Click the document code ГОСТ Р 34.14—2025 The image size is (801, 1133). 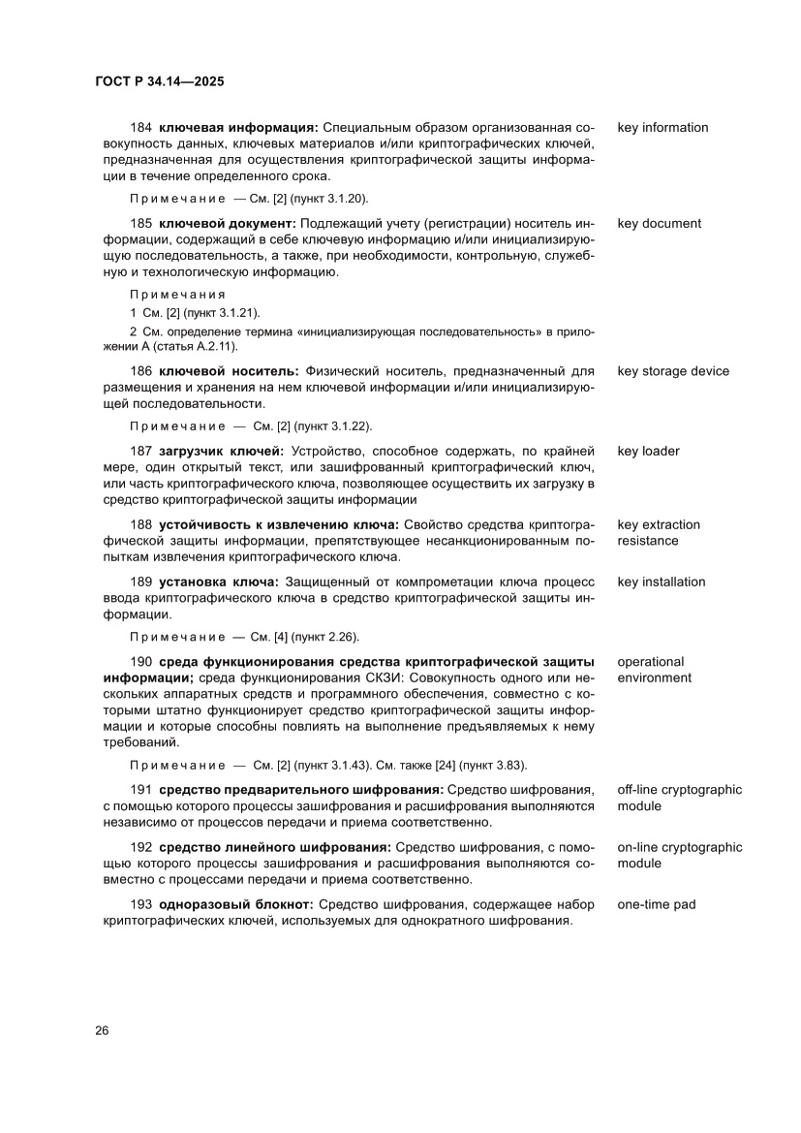pyautogui.click(x=160, y=82)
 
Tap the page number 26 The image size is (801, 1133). pyautogui.click(x=102, y=1030)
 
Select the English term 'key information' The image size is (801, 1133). pyautogui.click(x=662, y=128)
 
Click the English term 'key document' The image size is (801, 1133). pyautogui.click(x=659, y=224)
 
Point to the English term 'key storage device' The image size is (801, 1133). pyautogui.click(x=673, y=371)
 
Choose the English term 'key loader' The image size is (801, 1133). pyautogui.click(x=648, y=451)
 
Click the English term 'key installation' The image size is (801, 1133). pyautogui.click(x=661, y=582)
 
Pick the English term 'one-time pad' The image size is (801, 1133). pyautogui.click(x=656, y=904)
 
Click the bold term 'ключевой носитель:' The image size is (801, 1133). pyautogui.click(x=230, y=371)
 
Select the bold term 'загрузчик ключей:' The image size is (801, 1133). pyautogui.click(x=221, y=451)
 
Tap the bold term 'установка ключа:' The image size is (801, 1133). pyautogui.click(x=219, y=582)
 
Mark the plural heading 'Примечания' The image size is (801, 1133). pyautogui.click(x=177, y=294)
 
